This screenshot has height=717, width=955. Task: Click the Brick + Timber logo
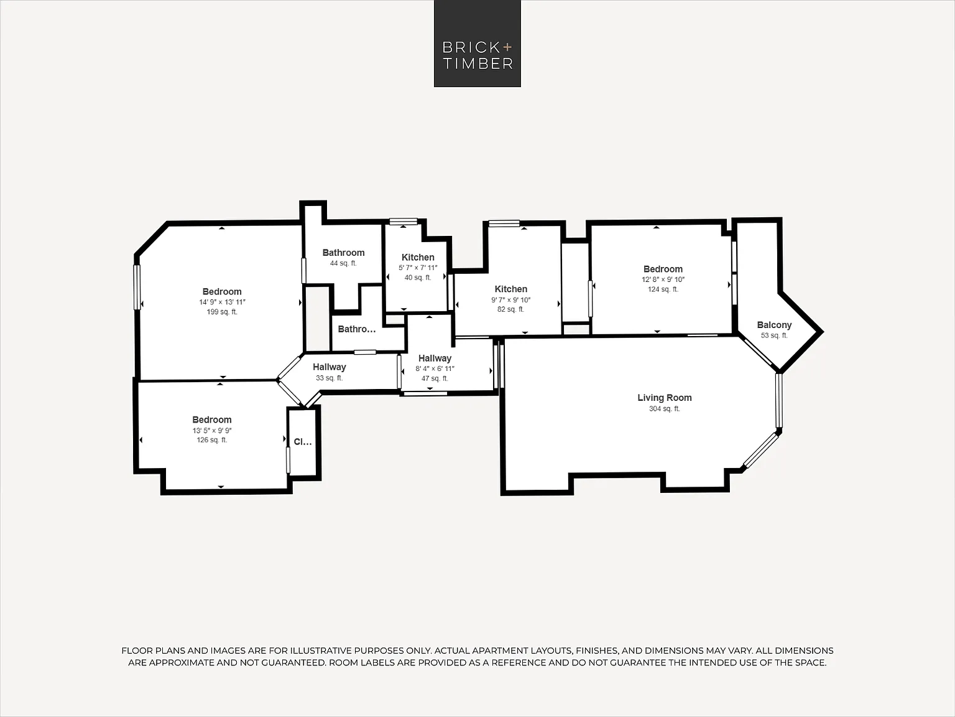[x=477, y=44]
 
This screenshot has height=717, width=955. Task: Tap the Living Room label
[x=665, y=398]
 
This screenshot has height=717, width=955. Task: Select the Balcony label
[x=774, y=325]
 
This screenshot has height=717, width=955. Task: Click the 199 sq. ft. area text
[x=222, y=312]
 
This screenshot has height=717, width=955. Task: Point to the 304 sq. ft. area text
[x=665, y=408]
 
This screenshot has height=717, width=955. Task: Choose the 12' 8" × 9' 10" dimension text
[x=663, y=279]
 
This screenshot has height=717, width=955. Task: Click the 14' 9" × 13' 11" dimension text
[x=223, y=302]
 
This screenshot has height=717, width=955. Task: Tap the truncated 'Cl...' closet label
[x=303, y=442]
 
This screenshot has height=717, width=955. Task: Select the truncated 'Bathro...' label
[x=357, y=329]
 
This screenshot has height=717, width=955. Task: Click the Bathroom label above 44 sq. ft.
[x=343, y=253]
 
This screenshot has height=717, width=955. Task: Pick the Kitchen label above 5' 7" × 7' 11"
[x=418, y=257]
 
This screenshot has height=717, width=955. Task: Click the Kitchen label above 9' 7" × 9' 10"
[x=511, y=289]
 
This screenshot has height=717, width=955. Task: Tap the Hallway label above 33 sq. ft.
[x=330, y=367]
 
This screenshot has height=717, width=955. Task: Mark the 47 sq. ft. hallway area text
[x=435, y=378]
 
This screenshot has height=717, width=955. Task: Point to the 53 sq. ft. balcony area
[x=774, y=335]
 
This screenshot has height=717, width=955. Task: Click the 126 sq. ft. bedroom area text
[x=212, y=439]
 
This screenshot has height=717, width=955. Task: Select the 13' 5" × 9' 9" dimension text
[x=212, y=431]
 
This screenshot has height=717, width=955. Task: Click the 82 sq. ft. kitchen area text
[x=511, y=309]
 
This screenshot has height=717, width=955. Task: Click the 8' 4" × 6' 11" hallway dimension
[x=435, y=368]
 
